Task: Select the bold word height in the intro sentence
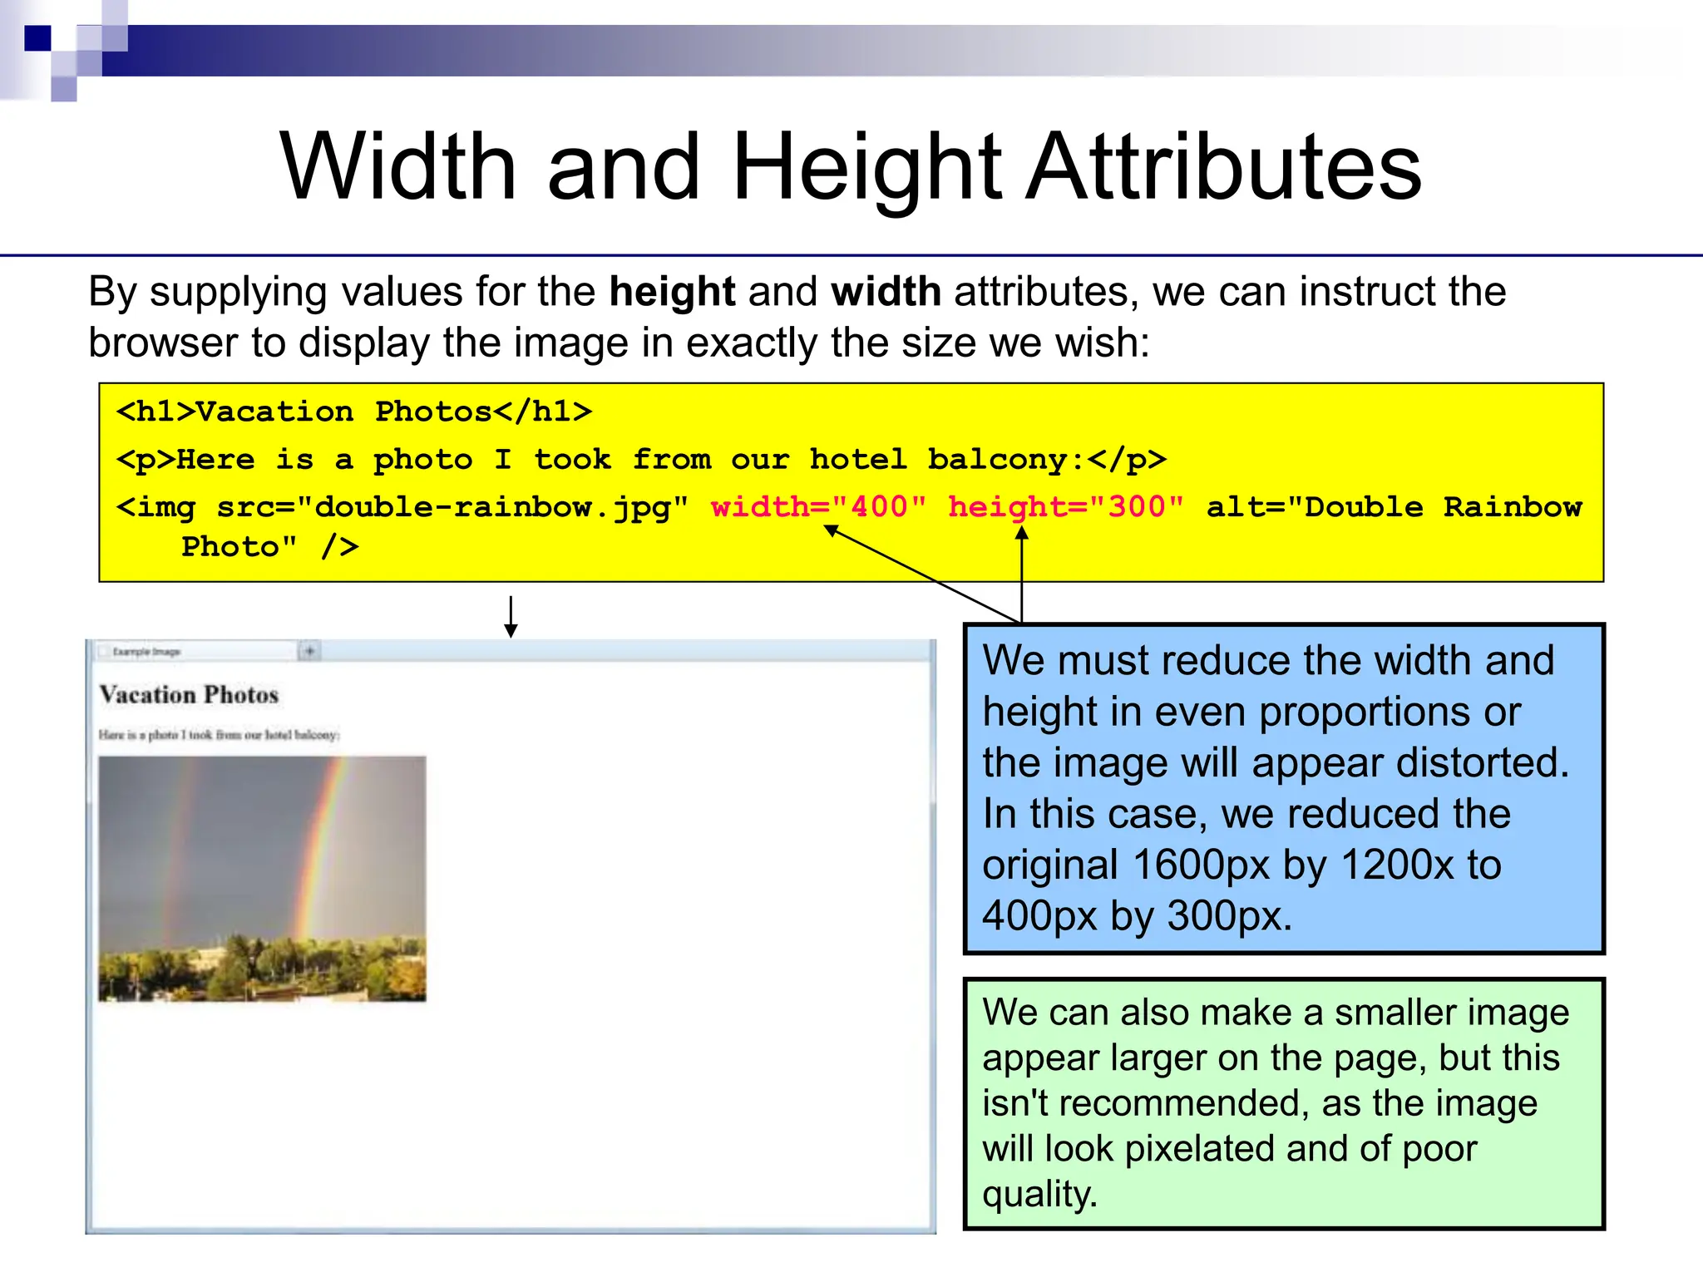(x=672, y=292)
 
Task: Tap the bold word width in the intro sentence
(x=886, y=292)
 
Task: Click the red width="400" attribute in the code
(x=818, y=506)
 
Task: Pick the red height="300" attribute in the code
(x=1066, y=506)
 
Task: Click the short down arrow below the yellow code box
(x=511, y=617)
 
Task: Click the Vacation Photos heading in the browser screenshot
(x=189, y=694)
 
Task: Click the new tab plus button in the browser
(x=309, y=651)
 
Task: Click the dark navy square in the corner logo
(x=37, y=38)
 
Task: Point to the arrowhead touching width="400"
(x=831, y=530)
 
